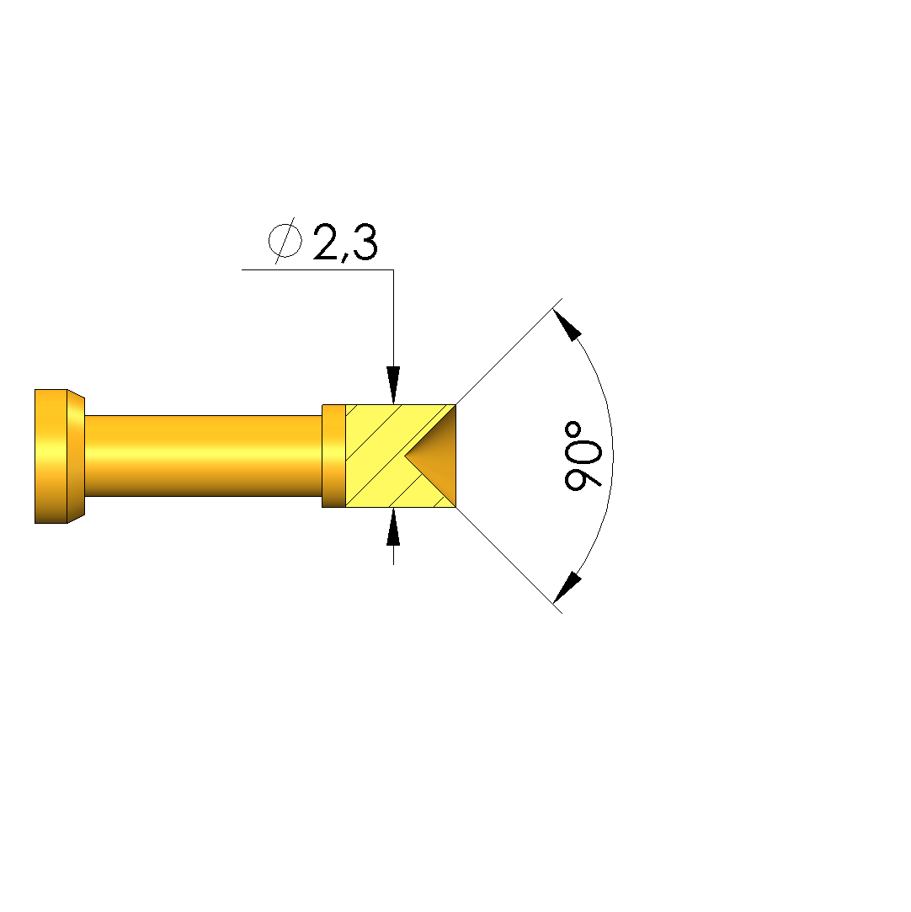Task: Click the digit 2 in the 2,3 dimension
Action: pos(328,242)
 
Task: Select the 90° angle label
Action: pos(583,455)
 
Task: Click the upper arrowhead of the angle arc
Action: pos(567,324)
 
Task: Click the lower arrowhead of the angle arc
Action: pos(567,588)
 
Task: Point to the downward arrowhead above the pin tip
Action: pos(393,385)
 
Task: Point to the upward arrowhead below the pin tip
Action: pos(393,526)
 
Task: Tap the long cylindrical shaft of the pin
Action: pos(204,456)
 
